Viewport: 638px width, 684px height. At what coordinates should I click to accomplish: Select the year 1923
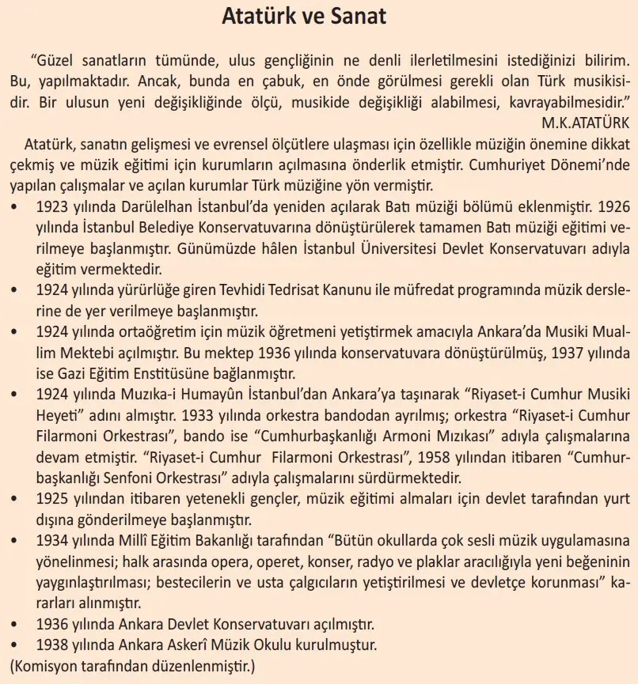click(x=53, y=208)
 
